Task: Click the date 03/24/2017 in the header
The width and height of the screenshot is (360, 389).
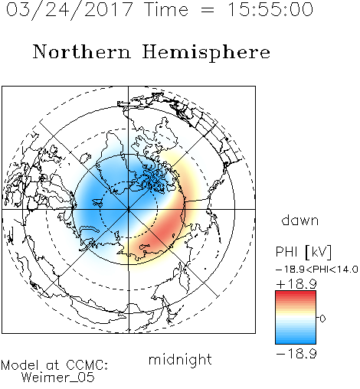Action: click(x=70, y=10)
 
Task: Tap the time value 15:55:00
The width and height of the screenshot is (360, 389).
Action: click(x=270, y=10)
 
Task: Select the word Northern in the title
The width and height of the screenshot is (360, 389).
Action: click(x=82, y=51)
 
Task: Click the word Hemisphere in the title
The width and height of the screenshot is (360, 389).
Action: click(x=206, y=53)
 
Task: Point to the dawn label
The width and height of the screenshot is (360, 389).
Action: click(x=300, y=221)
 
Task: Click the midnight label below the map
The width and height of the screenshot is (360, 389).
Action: click(x=180, y=360)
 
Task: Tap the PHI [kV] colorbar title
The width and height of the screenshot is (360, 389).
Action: click(x=303, y=252)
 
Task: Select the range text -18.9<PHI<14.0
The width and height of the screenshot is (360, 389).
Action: click(x=316, y=270)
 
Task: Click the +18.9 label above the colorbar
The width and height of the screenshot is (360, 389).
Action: click(x=296, y=284)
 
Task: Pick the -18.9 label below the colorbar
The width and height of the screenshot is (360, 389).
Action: click(x=296, y=354)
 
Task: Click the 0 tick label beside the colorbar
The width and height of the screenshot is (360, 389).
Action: click(x=322, y=319)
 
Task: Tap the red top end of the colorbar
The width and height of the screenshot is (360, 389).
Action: click(x=296, y=293)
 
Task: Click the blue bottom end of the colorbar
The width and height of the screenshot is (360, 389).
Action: click(x=296, y=342)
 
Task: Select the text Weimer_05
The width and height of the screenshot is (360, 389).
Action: click(x=58, y=378)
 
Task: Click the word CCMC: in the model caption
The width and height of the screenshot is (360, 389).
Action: click(x=87, y=365)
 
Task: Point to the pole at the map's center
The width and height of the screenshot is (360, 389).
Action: click(x=129, y=209)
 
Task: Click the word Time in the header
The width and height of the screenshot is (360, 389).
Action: click(x=166, y=10)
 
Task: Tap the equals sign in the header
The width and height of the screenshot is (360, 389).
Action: click(x=207, y=10)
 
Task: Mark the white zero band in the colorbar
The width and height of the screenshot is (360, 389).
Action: click(x=296, y=318)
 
